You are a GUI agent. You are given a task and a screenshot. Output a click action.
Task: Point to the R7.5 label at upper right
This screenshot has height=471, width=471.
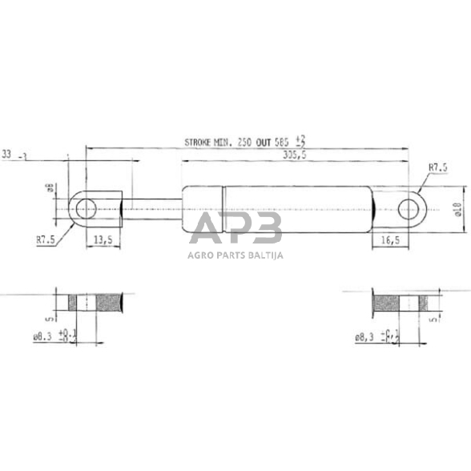(437, 168)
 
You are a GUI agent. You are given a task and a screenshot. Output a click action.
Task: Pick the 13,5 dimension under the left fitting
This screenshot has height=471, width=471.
(103, 239)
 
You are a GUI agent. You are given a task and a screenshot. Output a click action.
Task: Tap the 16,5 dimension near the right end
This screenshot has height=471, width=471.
(390, 239)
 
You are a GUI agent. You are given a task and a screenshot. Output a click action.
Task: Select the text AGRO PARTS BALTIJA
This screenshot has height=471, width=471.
(235, 256)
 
